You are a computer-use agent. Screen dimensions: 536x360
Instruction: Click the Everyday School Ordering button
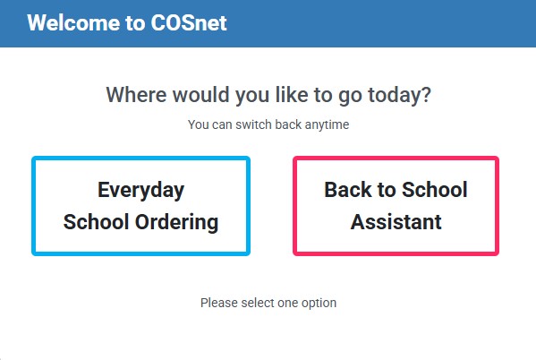coord(140,206)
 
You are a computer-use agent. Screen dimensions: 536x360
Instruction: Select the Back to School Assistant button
coord(396,206)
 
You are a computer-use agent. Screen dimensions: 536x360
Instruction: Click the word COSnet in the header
coord(189,23)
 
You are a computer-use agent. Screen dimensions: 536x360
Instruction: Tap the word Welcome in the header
coord(73,23)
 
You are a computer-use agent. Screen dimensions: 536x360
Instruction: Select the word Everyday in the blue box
coord(140,190)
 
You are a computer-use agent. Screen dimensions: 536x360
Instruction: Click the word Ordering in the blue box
coord(176,222)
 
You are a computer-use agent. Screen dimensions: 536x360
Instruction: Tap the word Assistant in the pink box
coord(396,222)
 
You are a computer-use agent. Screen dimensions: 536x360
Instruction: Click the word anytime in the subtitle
coord(327,124)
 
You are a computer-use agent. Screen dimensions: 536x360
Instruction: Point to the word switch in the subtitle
coord(253,124)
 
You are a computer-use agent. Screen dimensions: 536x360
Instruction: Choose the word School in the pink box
coord(435,190)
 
